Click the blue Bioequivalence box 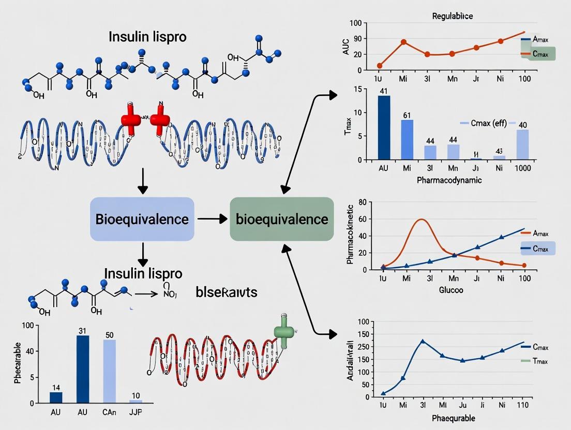tap(142, 219)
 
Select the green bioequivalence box tap(282, 219)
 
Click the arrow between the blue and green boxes tap(212, 219)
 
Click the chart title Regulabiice tap(452, 16)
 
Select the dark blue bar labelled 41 tap(384, 127)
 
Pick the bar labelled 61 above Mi tap(407, 139)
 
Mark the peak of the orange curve tap(422, 220)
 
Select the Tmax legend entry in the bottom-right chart tap(539, 361)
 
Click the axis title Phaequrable tap(454, 418)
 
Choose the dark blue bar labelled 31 tap(83, 369)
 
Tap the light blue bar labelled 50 tap(110, 371)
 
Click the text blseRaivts tap(227, 292)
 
